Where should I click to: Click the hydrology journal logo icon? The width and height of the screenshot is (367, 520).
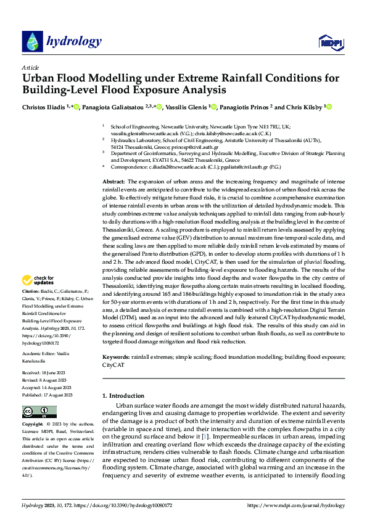[x=32, y=41]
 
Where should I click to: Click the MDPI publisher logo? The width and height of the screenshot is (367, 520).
[x=329, y=41]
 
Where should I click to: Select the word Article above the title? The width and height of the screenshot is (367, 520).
[x=30, y=67]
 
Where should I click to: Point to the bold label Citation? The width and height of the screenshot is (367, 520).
[x=31, y=290]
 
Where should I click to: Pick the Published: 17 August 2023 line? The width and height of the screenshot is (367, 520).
[x=47, y=377]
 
